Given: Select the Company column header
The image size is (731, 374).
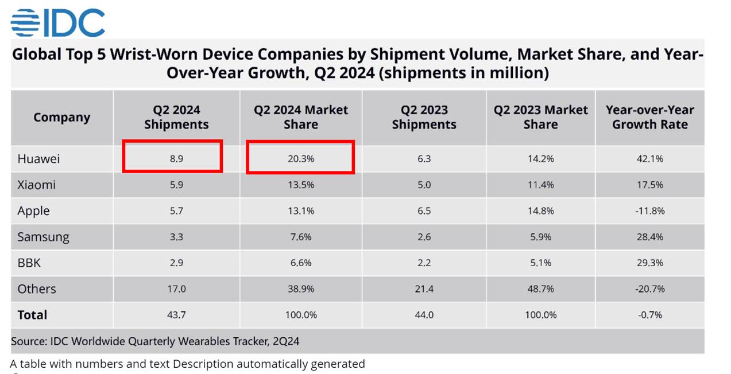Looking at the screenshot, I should click(61, 118).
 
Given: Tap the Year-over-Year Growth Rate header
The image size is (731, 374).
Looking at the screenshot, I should click(649, 118).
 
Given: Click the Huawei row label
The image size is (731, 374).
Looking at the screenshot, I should click(38, 159).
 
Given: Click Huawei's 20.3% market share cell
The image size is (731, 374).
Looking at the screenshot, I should click(300, 159).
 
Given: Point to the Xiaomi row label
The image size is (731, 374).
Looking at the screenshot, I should click(36, 185).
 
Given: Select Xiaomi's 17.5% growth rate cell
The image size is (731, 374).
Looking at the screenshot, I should click(649, 185).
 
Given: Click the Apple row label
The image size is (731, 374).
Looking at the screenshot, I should click(33, 211).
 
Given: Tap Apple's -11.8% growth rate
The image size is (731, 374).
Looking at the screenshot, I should click(649, 211).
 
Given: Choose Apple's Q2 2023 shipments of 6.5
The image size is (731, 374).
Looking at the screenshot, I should click(424, 211).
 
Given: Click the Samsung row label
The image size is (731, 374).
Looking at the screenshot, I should click(43, 237).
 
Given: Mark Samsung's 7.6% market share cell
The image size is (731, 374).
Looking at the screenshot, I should click(300, 237).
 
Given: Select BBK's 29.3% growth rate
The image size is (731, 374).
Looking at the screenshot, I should click(649, 263).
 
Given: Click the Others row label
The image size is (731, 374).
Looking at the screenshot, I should click(37, 289).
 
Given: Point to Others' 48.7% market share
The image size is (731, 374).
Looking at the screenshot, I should click(540, 289).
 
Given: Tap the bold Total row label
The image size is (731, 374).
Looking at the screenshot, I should click(32, 315).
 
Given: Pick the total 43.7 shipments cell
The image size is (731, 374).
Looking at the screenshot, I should click(176, 315).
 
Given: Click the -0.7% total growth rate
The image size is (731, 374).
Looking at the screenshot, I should click(649, 315).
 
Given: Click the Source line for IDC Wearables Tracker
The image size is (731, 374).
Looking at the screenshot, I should click(155, 341).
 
